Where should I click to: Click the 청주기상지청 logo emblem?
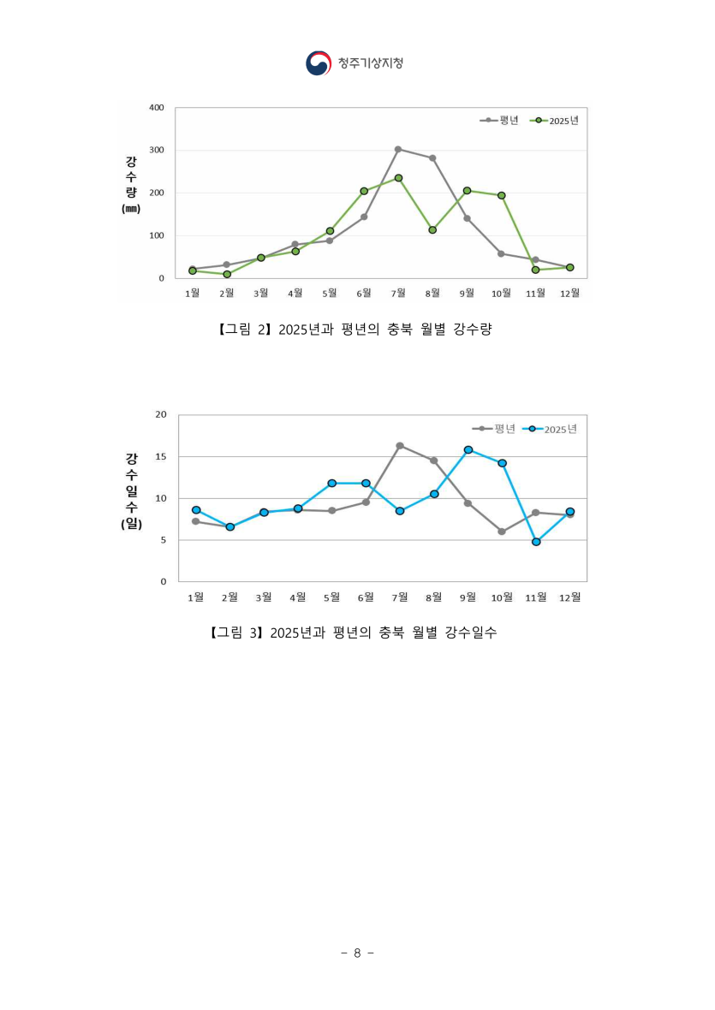click(318, 63)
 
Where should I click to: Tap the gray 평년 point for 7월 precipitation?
click(398, 149)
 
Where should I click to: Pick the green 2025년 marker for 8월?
click(432, 230)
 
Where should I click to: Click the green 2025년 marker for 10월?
click(502, 195)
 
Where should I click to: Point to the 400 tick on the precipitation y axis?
click(156, 108)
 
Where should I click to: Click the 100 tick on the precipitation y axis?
click(156, 235)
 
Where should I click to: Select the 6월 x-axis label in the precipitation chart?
click(363, 293)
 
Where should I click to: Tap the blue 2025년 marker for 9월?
click(468, 449)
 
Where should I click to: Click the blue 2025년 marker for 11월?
click(536, 542)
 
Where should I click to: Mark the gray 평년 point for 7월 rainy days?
click(400, 446)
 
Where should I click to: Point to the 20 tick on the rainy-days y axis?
click(160, 415)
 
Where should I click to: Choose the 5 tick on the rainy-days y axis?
click(163, 540)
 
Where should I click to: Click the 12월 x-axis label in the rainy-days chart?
click(569, 597)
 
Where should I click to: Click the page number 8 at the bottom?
click(357, 953)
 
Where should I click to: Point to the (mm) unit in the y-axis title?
click(130, 209)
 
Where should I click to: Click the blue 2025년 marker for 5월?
click(331, 484)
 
